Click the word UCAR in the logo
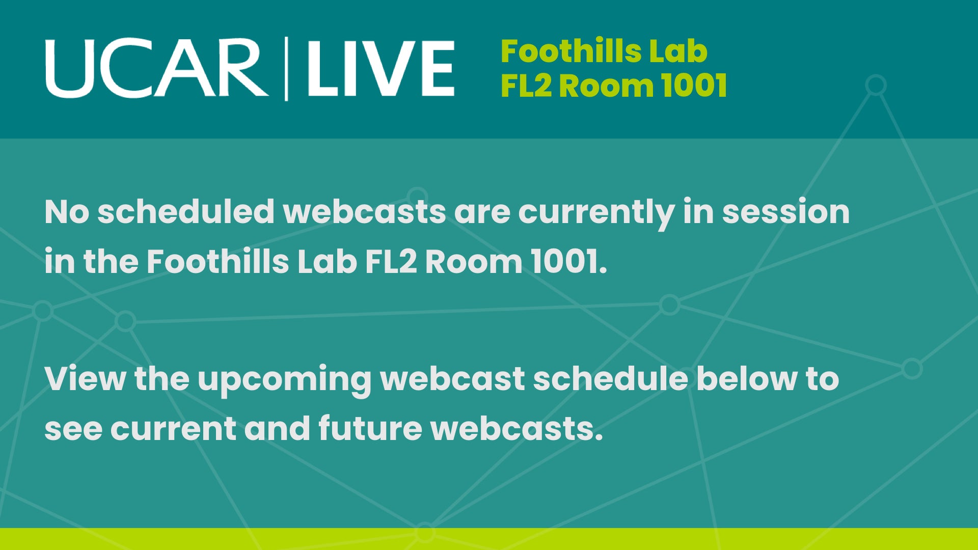(157, 68)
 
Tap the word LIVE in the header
(381, 69)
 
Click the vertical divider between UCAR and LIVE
(286, 69)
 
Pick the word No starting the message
(67, 211)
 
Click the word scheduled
(186, 211)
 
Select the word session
(786, 211)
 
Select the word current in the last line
(173, 429)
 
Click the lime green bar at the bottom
(489, 539)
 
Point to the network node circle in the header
(876, 85)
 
